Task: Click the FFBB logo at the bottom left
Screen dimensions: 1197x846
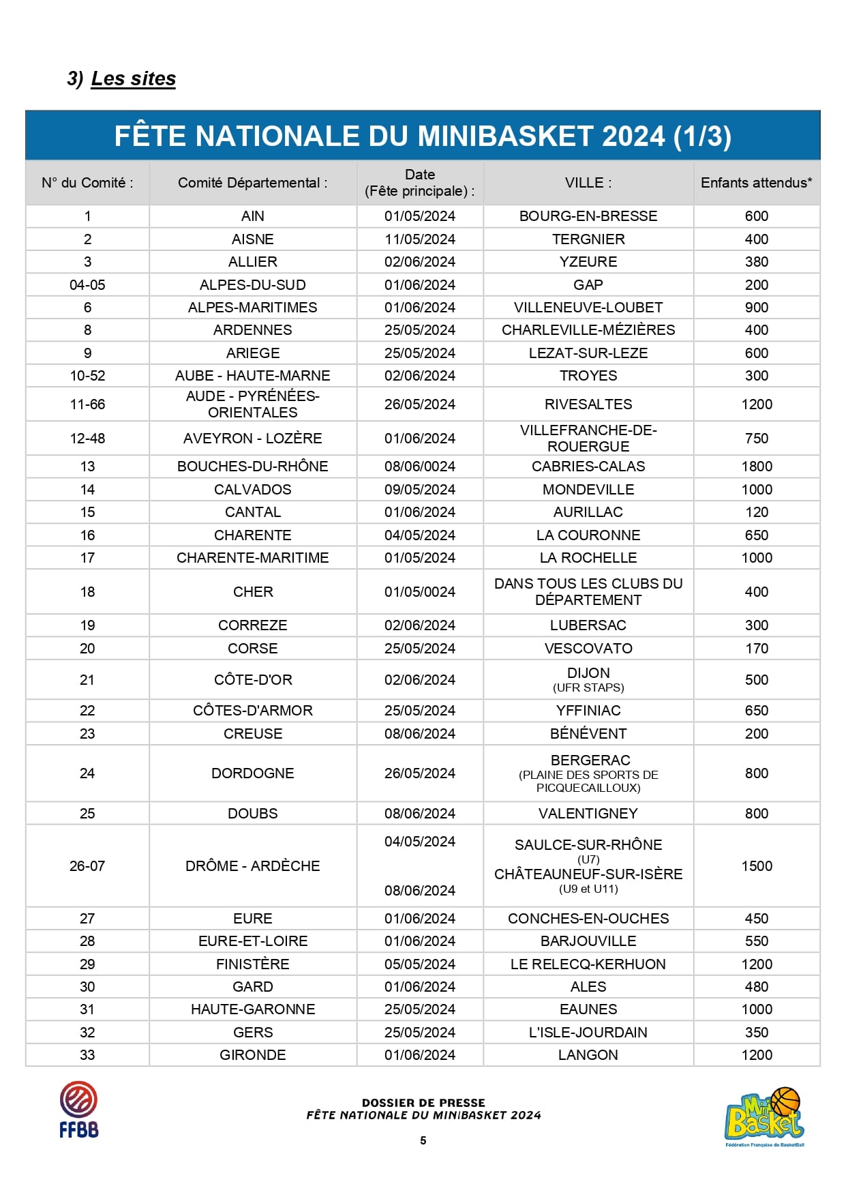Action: (78, 1109)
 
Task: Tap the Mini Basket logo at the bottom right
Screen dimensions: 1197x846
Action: (764, 1116)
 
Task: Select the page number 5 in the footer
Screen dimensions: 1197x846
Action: (423, 1140)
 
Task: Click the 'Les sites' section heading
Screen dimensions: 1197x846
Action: (133, 78)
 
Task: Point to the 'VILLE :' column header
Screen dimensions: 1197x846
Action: (588, 183)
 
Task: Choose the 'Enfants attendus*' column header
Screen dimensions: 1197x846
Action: (756, 183)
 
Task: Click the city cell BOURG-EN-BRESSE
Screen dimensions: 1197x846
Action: (588, 216)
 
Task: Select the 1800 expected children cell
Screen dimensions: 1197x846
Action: (757, 467)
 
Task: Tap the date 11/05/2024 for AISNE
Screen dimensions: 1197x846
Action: (419, 239)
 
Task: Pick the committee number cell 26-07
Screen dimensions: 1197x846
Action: (87, 866)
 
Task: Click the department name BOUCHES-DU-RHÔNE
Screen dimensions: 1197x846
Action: (252, 467)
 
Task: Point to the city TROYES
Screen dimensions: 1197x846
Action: (588, 376)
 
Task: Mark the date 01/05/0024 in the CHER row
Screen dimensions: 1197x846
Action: (419, 592)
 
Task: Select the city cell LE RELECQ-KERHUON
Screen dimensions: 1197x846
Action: (588, 964)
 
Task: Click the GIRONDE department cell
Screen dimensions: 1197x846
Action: (252, 1055)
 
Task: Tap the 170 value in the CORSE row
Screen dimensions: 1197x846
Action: (757, 649)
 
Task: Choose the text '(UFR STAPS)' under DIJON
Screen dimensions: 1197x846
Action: (588, 688)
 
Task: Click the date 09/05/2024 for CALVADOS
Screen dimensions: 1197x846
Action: (419, 490)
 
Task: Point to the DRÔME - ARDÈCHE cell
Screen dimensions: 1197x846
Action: (252, 866)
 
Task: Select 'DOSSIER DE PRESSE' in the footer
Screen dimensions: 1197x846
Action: (423, 1103)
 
